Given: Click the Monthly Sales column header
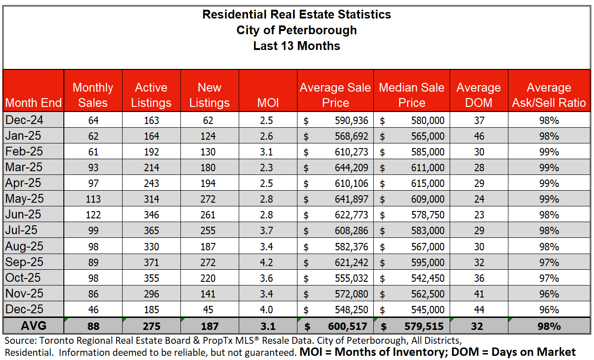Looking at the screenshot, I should click(93, 95).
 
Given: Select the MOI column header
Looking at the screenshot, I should click(268, 103).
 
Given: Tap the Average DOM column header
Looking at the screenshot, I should click(478, 95).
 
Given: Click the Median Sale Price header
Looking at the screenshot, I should click(411, 95).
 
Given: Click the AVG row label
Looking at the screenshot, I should click(33, 326).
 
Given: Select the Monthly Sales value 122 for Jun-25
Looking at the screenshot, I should click(93, 215).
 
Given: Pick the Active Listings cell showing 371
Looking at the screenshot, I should click(151, 262).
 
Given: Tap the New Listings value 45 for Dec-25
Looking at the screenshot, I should click(210, 310).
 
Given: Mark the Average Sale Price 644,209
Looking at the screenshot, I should click(352, 168).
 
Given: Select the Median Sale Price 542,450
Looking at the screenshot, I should click(428, 278).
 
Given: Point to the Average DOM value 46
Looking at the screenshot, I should click(479, 136).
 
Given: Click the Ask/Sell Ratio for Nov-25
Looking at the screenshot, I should click(549, 294).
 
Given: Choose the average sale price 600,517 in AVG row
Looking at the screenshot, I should click(350, 326).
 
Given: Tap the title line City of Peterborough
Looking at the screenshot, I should click(297, 31).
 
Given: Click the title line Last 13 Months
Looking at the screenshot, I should click(297, 46).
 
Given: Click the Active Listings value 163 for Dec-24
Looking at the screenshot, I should click(151, 120).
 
